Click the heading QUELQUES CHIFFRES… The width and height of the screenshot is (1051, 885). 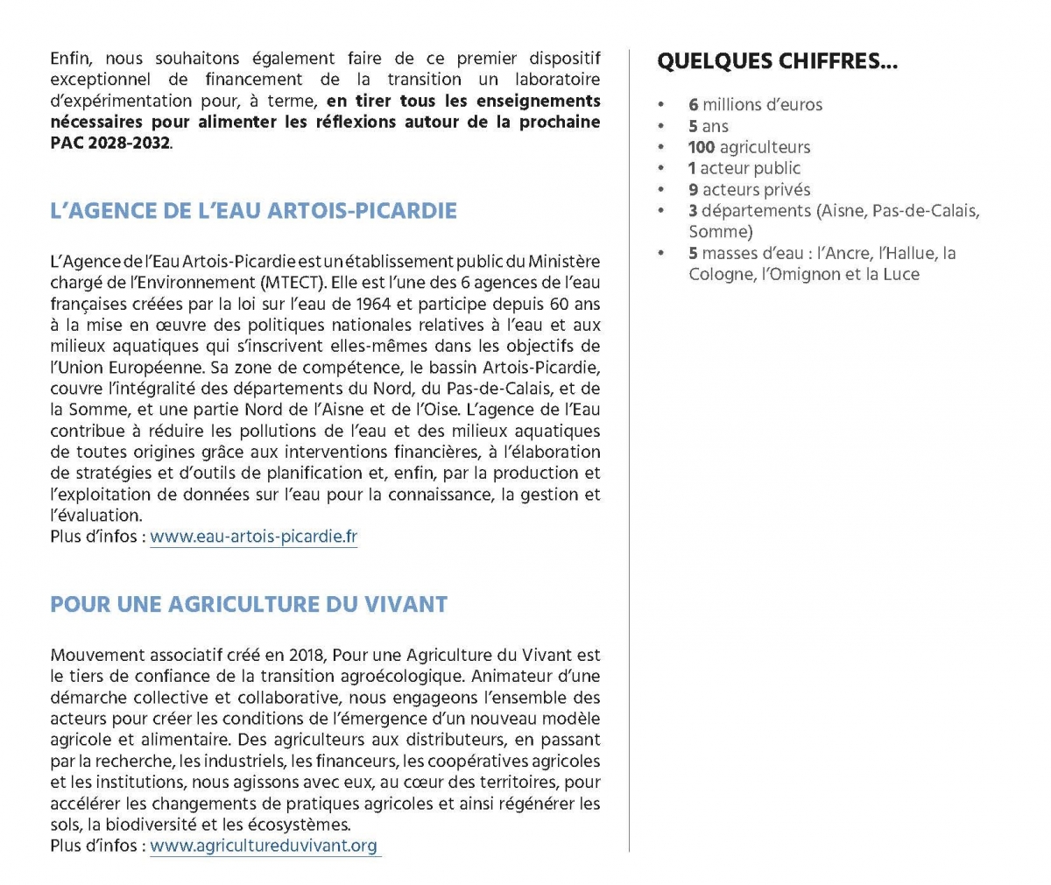tap(777, 61)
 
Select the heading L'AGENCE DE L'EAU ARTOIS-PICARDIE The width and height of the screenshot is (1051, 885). tap(253, 211)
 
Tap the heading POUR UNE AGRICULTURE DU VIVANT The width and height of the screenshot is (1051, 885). tap(249, 604)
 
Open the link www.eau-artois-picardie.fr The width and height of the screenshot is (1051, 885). tap(253, 537)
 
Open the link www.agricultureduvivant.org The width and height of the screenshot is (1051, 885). tap(264, 846)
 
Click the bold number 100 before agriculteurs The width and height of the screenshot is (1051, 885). tap(702, 147)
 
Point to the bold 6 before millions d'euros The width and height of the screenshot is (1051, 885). tap(693, 105)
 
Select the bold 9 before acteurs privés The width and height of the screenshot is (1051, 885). tap(693, 190)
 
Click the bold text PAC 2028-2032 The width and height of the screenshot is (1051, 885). tap(109, 142)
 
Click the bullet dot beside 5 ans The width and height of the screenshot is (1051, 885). tap(663, 127)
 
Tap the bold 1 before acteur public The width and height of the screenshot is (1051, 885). tap(692, 168)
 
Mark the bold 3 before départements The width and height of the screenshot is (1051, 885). tap(693, 211)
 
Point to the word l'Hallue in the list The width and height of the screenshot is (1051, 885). tap(906, 253)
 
